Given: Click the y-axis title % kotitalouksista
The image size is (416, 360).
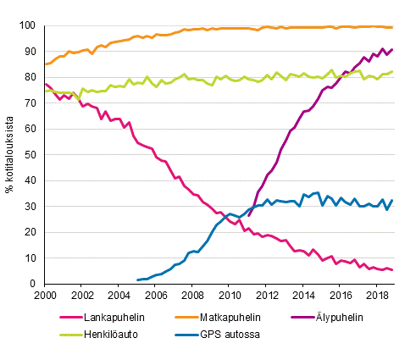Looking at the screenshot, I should pos(10,154).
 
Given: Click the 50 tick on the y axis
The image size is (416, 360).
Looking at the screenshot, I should pos(33,155).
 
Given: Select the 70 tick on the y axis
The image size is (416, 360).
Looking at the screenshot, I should pos(33,103).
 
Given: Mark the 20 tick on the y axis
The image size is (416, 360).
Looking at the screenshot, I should pos(33,232).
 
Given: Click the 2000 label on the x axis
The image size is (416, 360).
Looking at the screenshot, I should pos(45,296).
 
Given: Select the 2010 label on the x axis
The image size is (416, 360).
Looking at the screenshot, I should pos(229,296).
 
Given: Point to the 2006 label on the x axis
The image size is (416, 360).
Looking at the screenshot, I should pos(155,296).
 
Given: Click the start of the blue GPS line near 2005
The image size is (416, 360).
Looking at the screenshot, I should pos(137,280).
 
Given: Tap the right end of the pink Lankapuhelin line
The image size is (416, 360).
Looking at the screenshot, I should pos(392,270).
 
